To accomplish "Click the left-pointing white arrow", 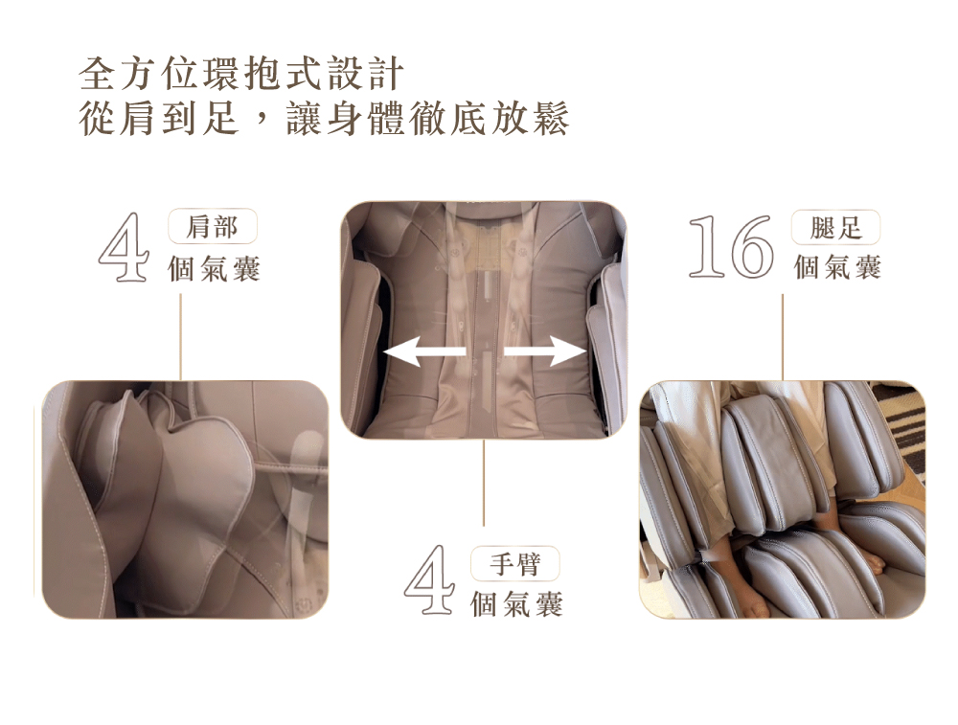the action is [x=424, y=351].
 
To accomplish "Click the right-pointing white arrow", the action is [x=545, y=351].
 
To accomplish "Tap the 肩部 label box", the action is [x=212, y=227].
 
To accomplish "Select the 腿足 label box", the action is [x=835, y=227].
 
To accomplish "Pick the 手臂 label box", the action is [x=515, y=563].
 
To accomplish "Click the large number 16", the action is [x=731, y=246].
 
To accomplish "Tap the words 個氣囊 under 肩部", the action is [x=214, y=269].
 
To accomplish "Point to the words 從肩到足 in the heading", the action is [x=159, y=118].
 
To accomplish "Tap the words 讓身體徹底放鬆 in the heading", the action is [x=427, y=118].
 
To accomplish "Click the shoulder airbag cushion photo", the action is [x=185, y=499].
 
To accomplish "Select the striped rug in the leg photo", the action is [x=903, y=421].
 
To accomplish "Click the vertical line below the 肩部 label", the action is [x=181, y=336].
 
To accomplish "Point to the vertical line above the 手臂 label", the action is [x=483, y=482].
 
